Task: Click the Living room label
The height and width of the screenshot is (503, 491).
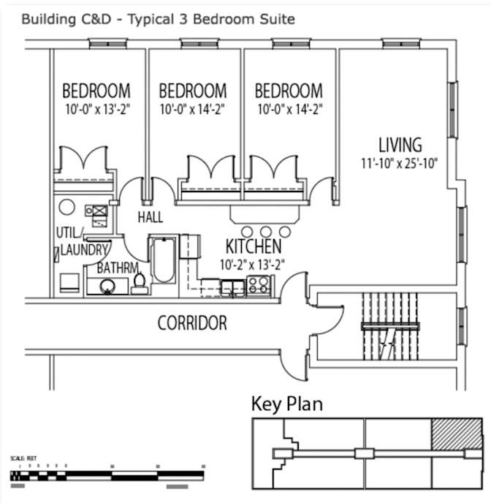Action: [x=400, y=144]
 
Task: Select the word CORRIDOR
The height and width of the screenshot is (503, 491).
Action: [x=192, y=323]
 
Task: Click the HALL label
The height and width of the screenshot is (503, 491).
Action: [x=151, y=218]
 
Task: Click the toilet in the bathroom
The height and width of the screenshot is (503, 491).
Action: [x=140, y=282]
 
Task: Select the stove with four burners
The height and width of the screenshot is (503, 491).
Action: [x=259, y=284]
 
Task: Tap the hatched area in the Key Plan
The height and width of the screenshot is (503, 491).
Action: [x=455, y=435]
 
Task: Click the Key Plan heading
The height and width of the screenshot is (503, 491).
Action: [x=286, y=404]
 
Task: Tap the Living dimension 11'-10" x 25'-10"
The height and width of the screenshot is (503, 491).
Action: [x=400, y=163]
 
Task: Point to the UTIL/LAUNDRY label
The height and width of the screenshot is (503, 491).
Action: [x=81, y=242]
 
